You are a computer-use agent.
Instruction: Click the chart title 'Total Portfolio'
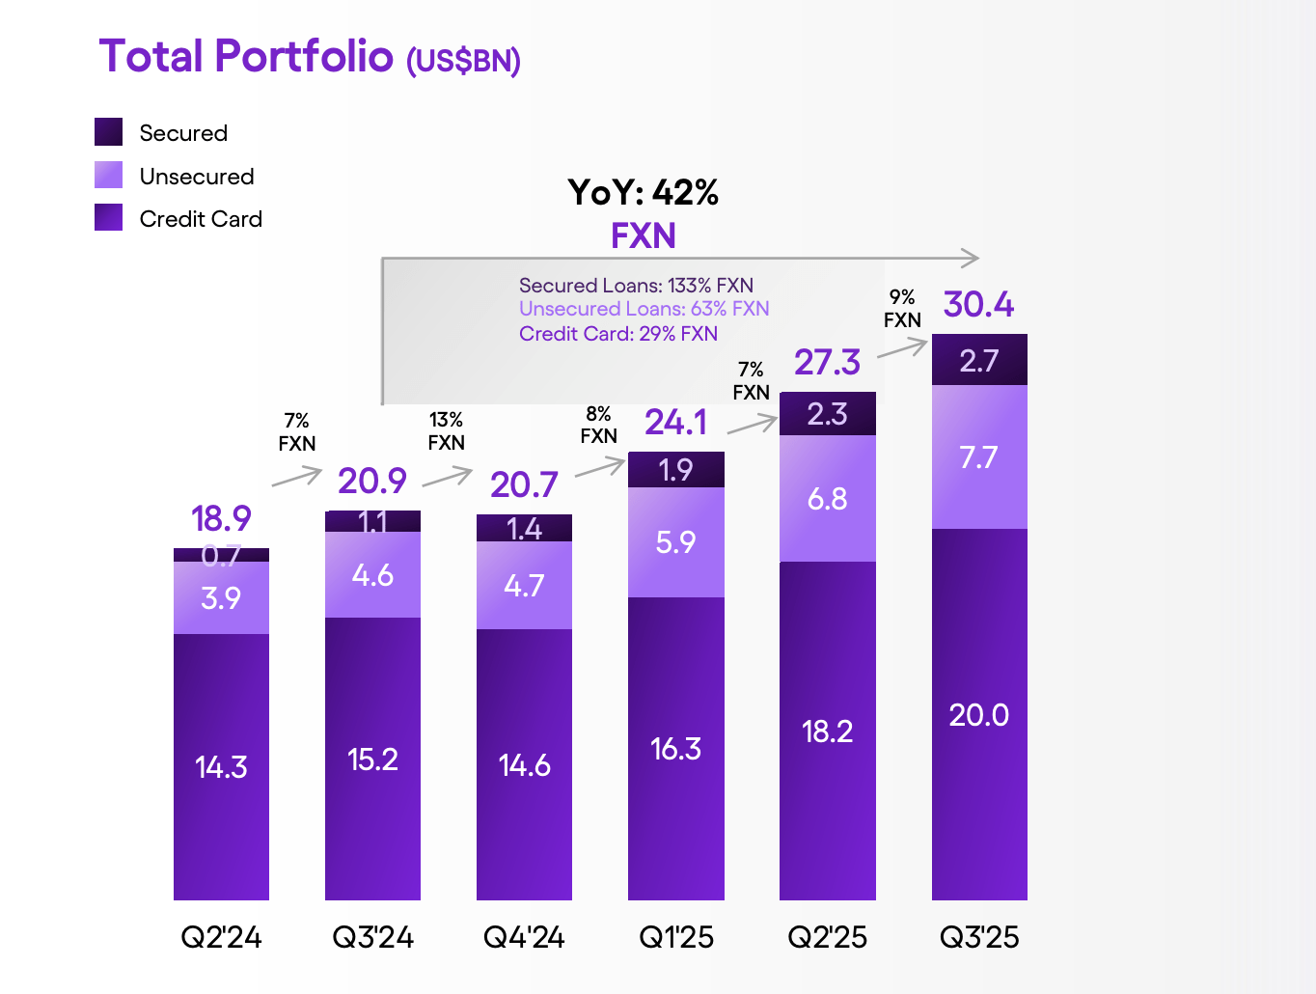(246, 56)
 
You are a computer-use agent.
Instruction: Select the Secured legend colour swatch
(108, 132)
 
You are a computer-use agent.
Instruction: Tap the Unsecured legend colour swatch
(108, 175)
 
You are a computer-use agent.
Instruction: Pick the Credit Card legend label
(201, 219)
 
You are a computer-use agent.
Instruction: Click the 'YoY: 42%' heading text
(643, 192)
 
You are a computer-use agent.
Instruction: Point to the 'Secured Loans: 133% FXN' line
(636, 286)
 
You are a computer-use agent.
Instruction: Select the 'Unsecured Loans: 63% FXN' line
(644, 309)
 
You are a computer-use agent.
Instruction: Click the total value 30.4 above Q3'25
(978, 305)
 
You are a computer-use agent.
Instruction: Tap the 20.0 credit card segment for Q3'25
(978, 714)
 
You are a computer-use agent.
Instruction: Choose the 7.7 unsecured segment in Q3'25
(978, 456)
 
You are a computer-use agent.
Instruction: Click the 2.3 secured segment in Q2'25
(827, 414)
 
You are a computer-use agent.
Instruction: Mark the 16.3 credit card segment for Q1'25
(675, 748)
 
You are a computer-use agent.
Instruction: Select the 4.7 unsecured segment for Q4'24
(524, 585)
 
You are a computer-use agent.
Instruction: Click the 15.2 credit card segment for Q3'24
(372, 759)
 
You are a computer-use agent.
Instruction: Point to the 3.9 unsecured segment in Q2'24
(221, 597)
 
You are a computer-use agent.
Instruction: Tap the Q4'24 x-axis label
(524, 937)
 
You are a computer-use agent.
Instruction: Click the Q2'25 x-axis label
(827, 937)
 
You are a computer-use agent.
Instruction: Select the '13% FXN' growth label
(446, 431)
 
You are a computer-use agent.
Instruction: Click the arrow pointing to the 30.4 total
(902, 348)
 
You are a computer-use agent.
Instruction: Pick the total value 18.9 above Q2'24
(221, 519)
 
